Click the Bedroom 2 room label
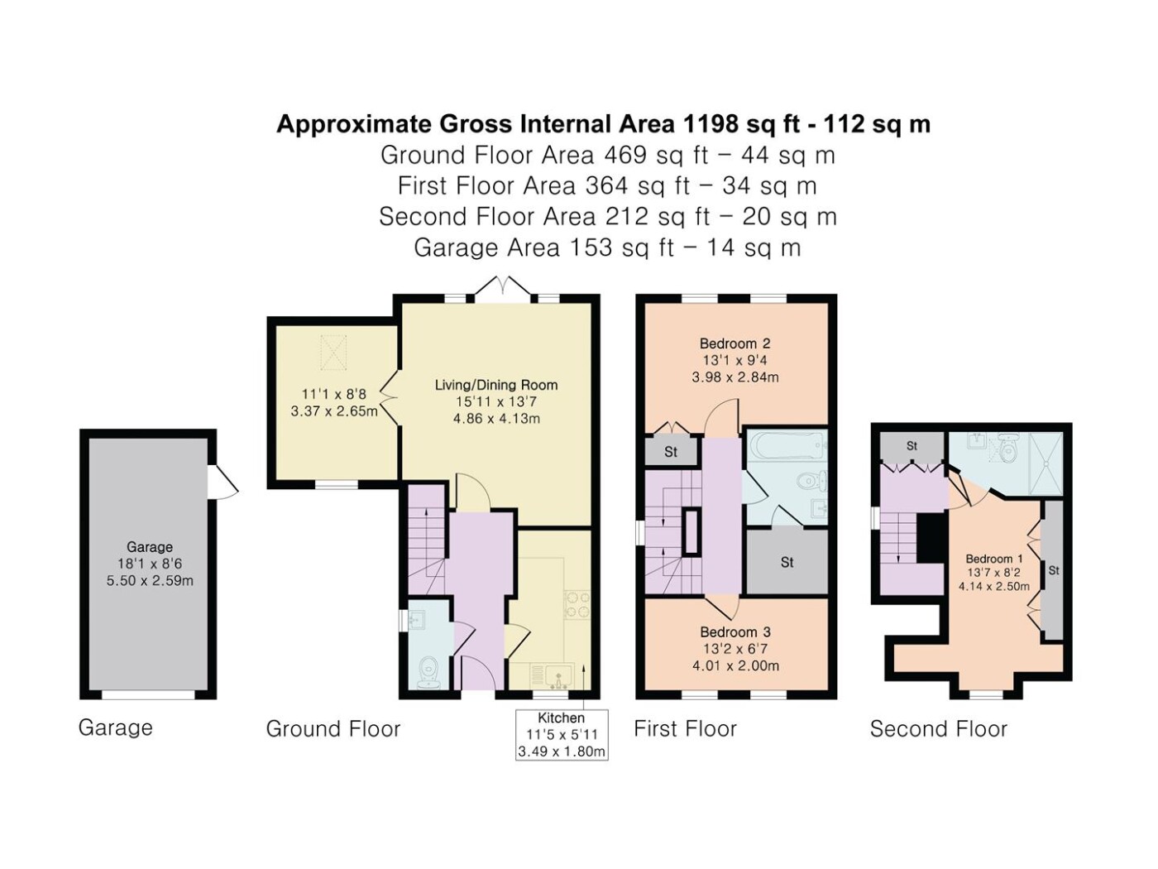735,343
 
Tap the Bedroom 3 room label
735,631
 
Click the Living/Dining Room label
496,385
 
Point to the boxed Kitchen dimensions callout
562,734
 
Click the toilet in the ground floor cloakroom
428,673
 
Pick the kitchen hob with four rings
577,605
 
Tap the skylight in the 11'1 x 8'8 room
333,353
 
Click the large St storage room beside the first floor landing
787,561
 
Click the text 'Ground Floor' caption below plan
333,728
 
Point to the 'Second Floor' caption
939,728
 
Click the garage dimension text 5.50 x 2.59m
150,581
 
